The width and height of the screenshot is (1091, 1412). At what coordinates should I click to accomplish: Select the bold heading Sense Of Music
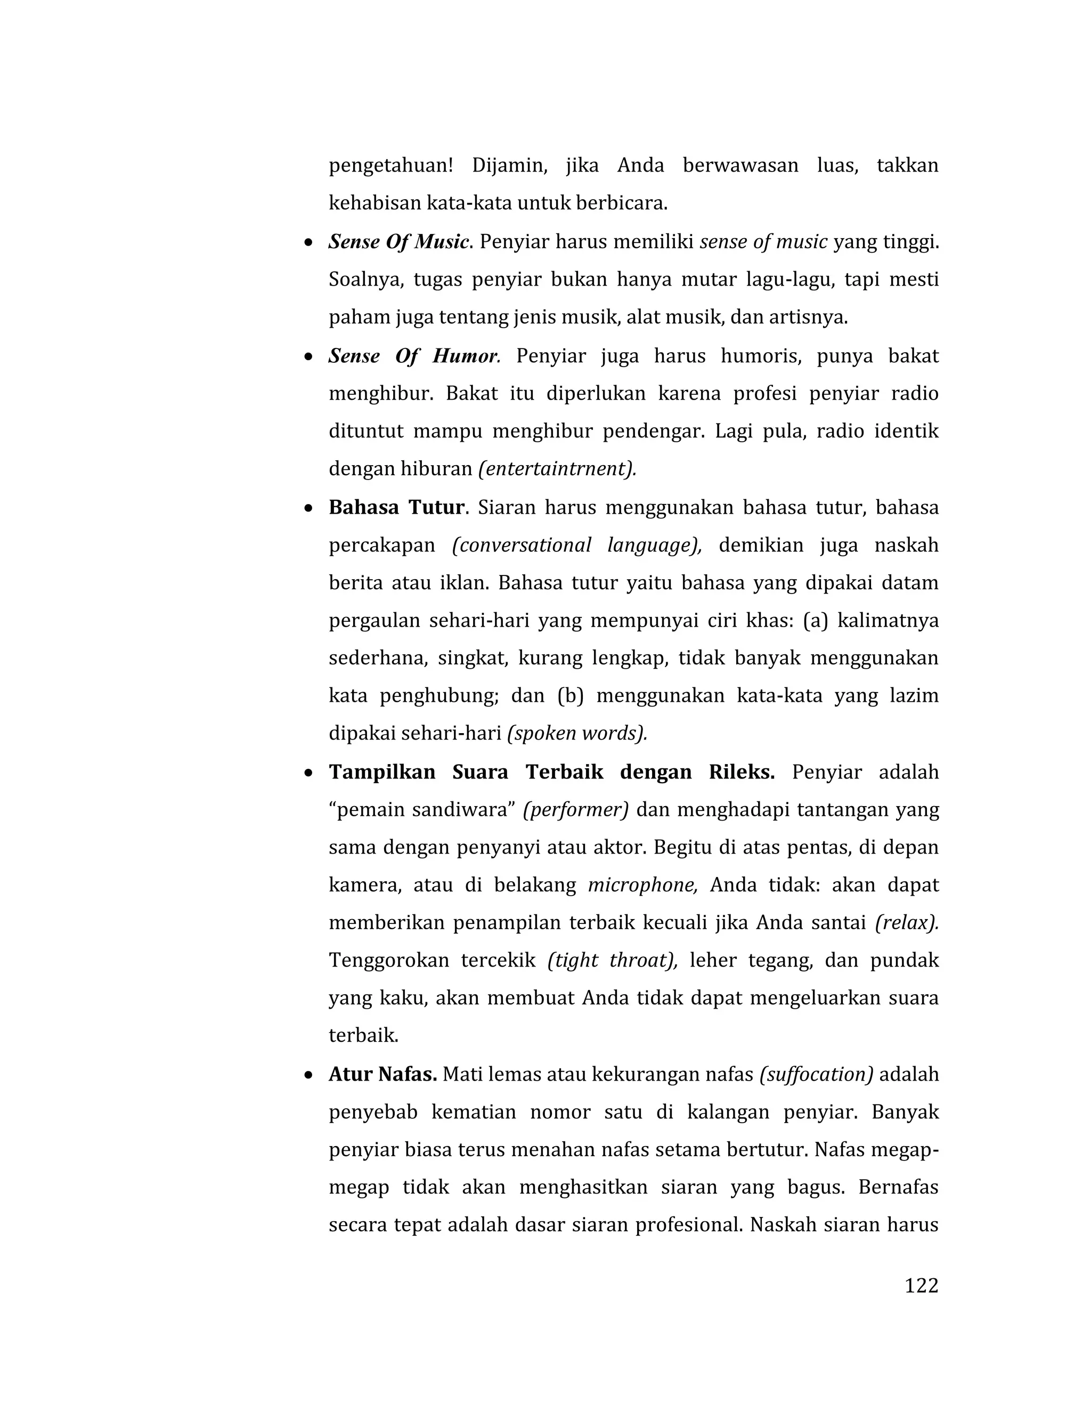[398, 242]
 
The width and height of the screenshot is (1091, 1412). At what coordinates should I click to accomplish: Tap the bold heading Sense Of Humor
[413, 356]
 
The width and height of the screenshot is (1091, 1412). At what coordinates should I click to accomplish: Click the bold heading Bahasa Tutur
[396, 507]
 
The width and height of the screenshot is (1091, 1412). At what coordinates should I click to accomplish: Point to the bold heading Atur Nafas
[382, 1075]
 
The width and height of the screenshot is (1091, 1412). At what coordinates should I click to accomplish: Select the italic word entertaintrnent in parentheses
[557, 469]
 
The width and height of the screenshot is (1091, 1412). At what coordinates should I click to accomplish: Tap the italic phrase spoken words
[577, 733]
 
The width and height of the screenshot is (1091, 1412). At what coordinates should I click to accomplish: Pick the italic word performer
[575, 809]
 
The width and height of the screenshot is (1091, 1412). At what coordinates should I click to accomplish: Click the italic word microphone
[642, 885]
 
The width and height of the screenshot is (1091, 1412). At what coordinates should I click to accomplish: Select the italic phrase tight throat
[612, 961]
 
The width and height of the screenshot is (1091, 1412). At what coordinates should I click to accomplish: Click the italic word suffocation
[816, 1075]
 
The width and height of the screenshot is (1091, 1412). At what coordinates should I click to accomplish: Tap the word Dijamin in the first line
[509, 166]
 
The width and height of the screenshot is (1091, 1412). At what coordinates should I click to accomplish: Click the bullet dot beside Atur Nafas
[309, 1075]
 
